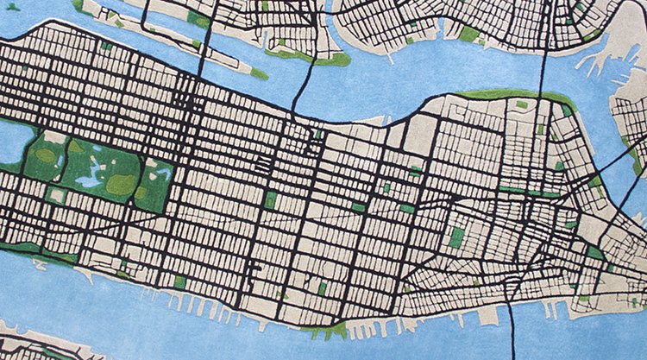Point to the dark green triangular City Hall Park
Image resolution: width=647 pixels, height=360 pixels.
coord(594,252)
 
